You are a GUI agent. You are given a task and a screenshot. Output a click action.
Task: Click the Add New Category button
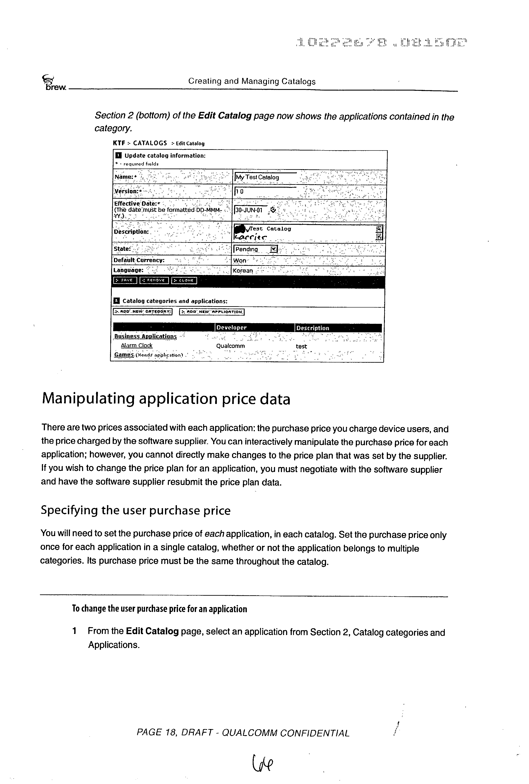(x=142, y=312)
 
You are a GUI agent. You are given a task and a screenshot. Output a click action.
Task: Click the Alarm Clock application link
(x=137, y=346)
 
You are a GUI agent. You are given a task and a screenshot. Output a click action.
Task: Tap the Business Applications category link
(x=145, y=336)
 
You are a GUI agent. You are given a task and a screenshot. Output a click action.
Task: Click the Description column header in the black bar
(x=313, y=328)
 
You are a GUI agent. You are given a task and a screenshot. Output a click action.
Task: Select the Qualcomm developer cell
(x=230, y=346)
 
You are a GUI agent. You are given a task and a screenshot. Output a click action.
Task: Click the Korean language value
(x=243, y=271)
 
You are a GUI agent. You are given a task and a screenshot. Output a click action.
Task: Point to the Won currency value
(x=240, y=260)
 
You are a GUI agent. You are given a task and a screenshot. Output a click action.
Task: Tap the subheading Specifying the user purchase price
(x=135, y=510)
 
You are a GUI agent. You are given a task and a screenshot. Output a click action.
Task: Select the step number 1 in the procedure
(x=74, y=631)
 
